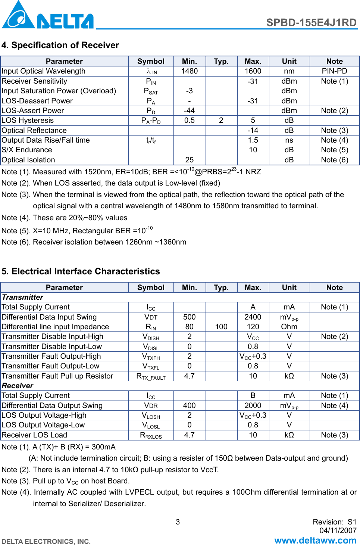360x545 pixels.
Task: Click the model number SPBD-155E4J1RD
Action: click(311, 23)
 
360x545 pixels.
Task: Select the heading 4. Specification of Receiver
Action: click(60, 45)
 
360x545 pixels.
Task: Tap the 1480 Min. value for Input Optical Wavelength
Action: click(189, 71)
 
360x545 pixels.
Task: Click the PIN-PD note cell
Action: click(334, 71)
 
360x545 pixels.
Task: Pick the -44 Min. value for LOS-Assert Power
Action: click(189, 111)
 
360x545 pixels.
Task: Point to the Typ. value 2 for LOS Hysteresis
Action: click(221, 121)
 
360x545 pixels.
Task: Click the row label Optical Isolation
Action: click(28, 160)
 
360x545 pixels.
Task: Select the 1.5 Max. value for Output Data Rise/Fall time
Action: click(253, 140)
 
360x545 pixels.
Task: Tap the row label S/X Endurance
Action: click(27, 150)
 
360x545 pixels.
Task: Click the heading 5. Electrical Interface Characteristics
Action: click(81, 271)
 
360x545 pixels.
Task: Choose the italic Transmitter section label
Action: click(22, 298)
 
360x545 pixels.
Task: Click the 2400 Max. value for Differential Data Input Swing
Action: click(253, 317)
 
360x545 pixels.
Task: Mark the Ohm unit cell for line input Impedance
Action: click(289, 327)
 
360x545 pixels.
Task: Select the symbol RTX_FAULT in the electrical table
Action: click(151, 376)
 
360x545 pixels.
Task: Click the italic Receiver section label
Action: click(18, 386)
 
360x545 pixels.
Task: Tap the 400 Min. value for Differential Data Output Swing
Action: click(189, 406)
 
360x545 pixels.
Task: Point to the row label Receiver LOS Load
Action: click(34, 435)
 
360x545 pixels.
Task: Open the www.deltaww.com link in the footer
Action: click(315, 541)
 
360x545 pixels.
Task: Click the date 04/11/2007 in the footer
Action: click(338, 530)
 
